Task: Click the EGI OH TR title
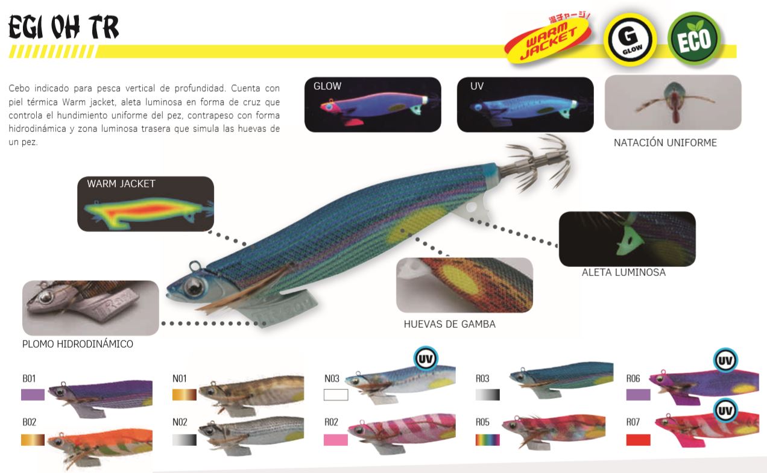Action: pyautogui.click(x=63, y=28)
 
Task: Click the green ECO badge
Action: pyautogui.click(x=694, y=40)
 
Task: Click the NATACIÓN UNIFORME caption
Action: pyautogui.click(x=665, y=143)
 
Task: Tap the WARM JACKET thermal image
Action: pyautogui.click(x=146, y=204)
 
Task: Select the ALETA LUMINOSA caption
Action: pyautogui.click(x=623, y=272)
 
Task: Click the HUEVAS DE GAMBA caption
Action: pyautogui.click(x=449, y=324)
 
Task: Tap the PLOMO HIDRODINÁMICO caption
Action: pyautogui.click(x=77, y=345)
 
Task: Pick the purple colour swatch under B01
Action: pyautogui.click(x=33, y=395)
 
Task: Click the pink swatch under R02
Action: pyautogui.click(x=336, y=440)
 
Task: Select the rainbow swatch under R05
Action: pyautogui.click(x=487, y=440)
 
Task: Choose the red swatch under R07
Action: pyautogui.click(x=638, y=440)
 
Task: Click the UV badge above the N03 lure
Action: pyautogui.click(x=425, y=357)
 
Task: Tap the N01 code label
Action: pyautogui.click(x=180, y=379)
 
